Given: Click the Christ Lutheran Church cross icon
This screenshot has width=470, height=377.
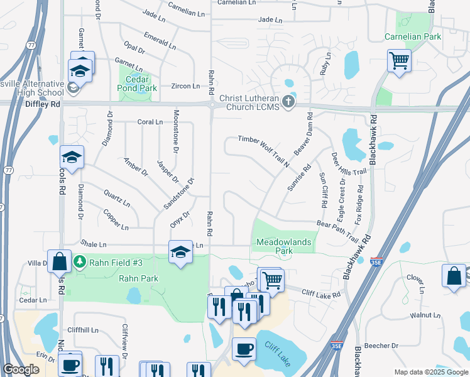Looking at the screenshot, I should [288, 102].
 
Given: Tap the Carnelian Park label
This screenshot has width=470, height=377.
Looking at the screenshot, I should [413, 36].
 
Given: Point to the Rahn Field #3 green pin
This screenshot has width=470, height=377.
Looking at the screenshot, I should [80, 261].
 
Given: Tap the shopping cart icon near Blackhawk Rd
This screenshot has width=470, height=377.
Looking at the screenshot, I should [399, 62].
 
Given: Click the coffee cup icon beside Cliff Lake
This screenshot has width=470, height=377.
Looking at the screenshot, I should [244, 348].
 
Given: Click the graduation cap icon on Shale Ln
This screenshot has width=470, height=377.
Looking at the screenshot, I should [180, 251].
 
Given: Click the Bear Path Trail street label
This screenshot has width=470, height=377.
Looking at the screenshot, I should [337, 231].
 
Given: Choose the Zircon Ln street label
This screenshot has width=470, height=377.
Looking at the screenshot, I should [187, 86].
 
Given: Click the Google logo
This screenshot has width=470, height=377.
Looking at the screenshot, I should [21, 369].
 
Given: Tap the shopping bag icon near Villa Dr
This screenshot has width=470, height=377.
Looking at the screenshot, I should [59, 262].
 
